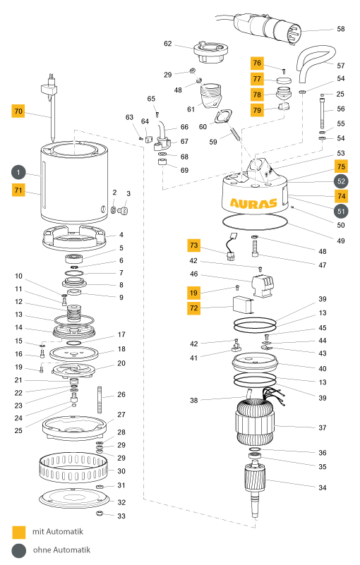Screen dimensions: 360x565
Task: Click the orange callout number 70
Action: click(18, 111)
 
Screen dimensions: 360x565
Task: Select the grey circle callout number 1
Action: click(18, 172)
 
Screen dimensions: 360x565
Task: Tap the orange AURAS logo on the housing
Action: click(253, 204)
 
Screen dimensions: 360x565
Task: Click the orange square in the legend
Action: click(19, 533)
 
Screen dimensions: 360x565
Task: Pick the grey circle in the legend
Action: click(19, 551)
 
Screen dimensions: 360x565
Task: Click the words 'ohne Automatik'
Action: click(61, 550)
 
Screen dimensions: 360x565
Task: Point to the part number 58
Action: click(340, 29)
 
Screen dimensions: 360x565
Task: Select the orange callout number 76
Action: click(257, 63)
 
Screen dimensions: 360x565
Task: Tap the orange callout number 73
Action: click(193, 245)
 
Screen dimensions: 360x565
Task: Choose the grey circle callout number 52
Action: click(341, 181)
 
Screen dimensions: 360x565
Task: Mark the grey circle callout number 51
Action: click(341, 211)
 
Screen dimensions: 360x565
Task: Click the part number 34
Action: click(322, 487)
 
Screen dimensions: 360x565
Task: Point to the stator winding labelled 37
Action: click(256, 423)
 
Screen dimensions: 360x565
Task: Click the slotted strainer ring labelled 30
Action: click(73, 469)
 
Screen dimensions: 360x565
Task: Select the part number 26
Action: click(121, 394)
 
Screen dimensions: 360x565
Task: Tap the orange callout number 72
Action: click(193, 308)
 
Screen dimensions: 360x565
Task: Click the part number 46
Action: click(193, 274)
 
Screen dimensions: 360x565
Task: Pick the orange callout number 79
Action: click(257, 110)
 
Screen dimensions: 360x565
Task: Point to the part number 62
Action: click(168, 44)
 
